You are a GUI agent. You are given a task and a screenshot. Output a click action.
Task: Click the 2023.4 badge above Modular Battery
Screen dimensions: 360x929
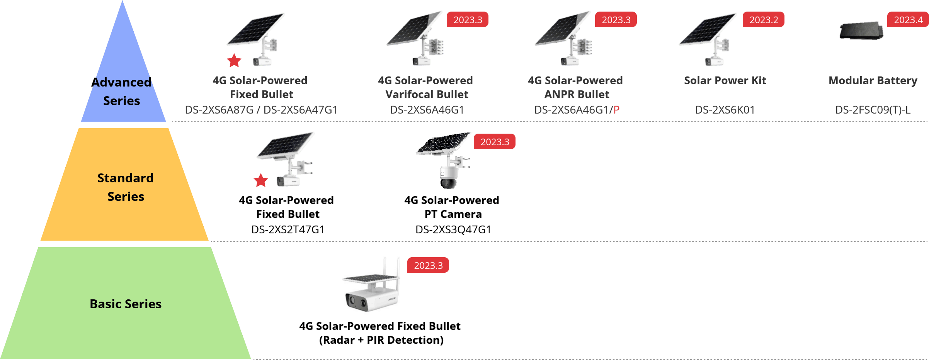tap(908, 20)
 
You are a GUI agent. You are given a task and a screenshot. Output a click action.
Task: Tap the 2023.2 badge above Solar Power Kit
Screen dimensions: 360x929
tap(763, 20)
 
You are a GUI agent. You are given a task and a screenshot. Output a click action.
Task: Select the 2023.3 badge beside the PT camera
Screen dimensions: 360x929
tap(494, 142)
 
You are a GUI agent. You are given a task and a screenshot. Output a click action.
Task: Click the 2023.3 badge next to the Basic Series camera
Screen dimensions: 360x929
tap(428, 265)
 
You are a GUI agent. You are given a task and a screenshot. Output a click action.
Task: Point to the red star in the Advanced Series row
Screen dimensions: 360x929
tap(234, 60)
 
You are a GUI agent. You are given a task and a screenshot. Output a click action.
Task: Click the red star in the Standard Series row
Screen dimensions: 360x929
tap(261, 180)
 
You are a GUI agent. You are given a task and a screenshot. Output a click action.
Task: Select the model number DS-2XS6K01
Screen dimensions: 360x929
tap(725, 110)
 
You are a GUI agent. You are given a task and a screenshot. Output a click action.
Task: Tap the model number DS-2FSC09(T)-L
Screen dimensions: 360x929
tap(873, 110)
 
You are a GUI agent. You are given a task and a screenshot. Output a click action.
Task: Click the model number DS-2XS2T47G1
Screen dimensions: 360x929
tap(288, 230)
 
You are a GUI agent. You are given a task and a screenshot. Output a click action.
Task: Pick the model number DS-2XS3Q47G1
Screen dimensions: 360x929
tap(453, 230)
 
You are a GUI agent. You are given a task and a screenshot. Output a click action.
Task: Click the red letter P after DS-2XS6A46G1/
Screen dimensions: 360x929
tap(616, 110)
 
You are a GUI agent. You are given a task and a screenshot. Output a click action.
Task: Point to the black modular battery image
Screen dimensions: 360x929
tap(861, 31)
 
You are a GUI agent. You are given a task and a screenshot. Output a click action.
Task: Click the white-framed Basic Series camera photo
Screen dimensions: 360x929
tap(371, 285)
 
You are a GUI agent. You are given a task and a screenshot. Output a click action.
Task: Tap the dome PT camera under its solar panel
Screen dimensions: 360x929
tap(448, 178)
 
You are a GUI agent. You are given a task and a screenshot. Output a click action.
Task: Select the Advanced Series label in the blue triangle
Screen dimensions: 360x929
tap(121, 92)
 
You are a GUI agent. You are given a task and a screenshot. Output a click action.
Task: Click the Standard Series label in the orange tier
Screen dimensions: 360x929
tap(125, 187)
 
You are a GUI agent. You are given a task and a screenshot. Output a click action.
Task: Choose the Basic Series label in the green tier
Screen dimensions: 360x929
tap(126, 304)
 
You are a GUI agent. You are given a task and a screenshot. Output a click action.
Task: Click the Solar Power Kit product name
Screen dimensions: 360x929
tap(725, 81)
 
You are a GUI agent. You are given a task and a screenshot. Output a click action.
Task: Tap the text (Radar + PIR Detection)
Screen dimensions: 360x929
tap(381, 340)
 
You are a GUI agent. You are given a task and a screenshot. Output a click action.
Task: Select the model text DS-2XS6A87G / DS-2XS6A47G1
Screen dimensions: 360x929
tap(261, 110)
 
